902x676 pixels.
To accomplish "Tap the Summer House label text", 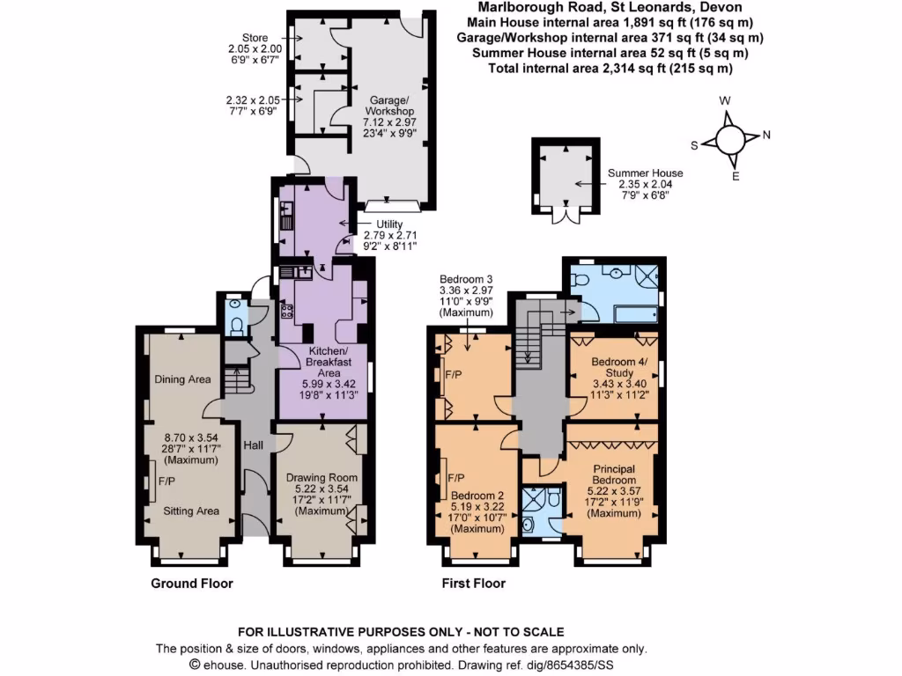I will tap(645, 173).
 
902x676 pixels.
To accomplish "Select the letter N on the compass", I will tap(765, 136).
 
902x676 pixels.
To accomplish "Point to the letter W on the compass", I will tap(725, 101).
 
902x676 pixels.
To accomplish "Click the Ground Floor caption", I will tap(192, 584).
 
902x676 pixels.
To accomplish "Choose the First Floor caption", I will tap(474, 584).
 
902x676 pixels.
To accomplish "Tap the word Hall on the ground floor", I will tap(254, 445).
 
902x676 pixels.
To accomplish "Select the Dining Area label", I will tap(182, 379).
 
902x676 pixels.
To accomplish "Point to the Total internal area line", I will tap(610, 68).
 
